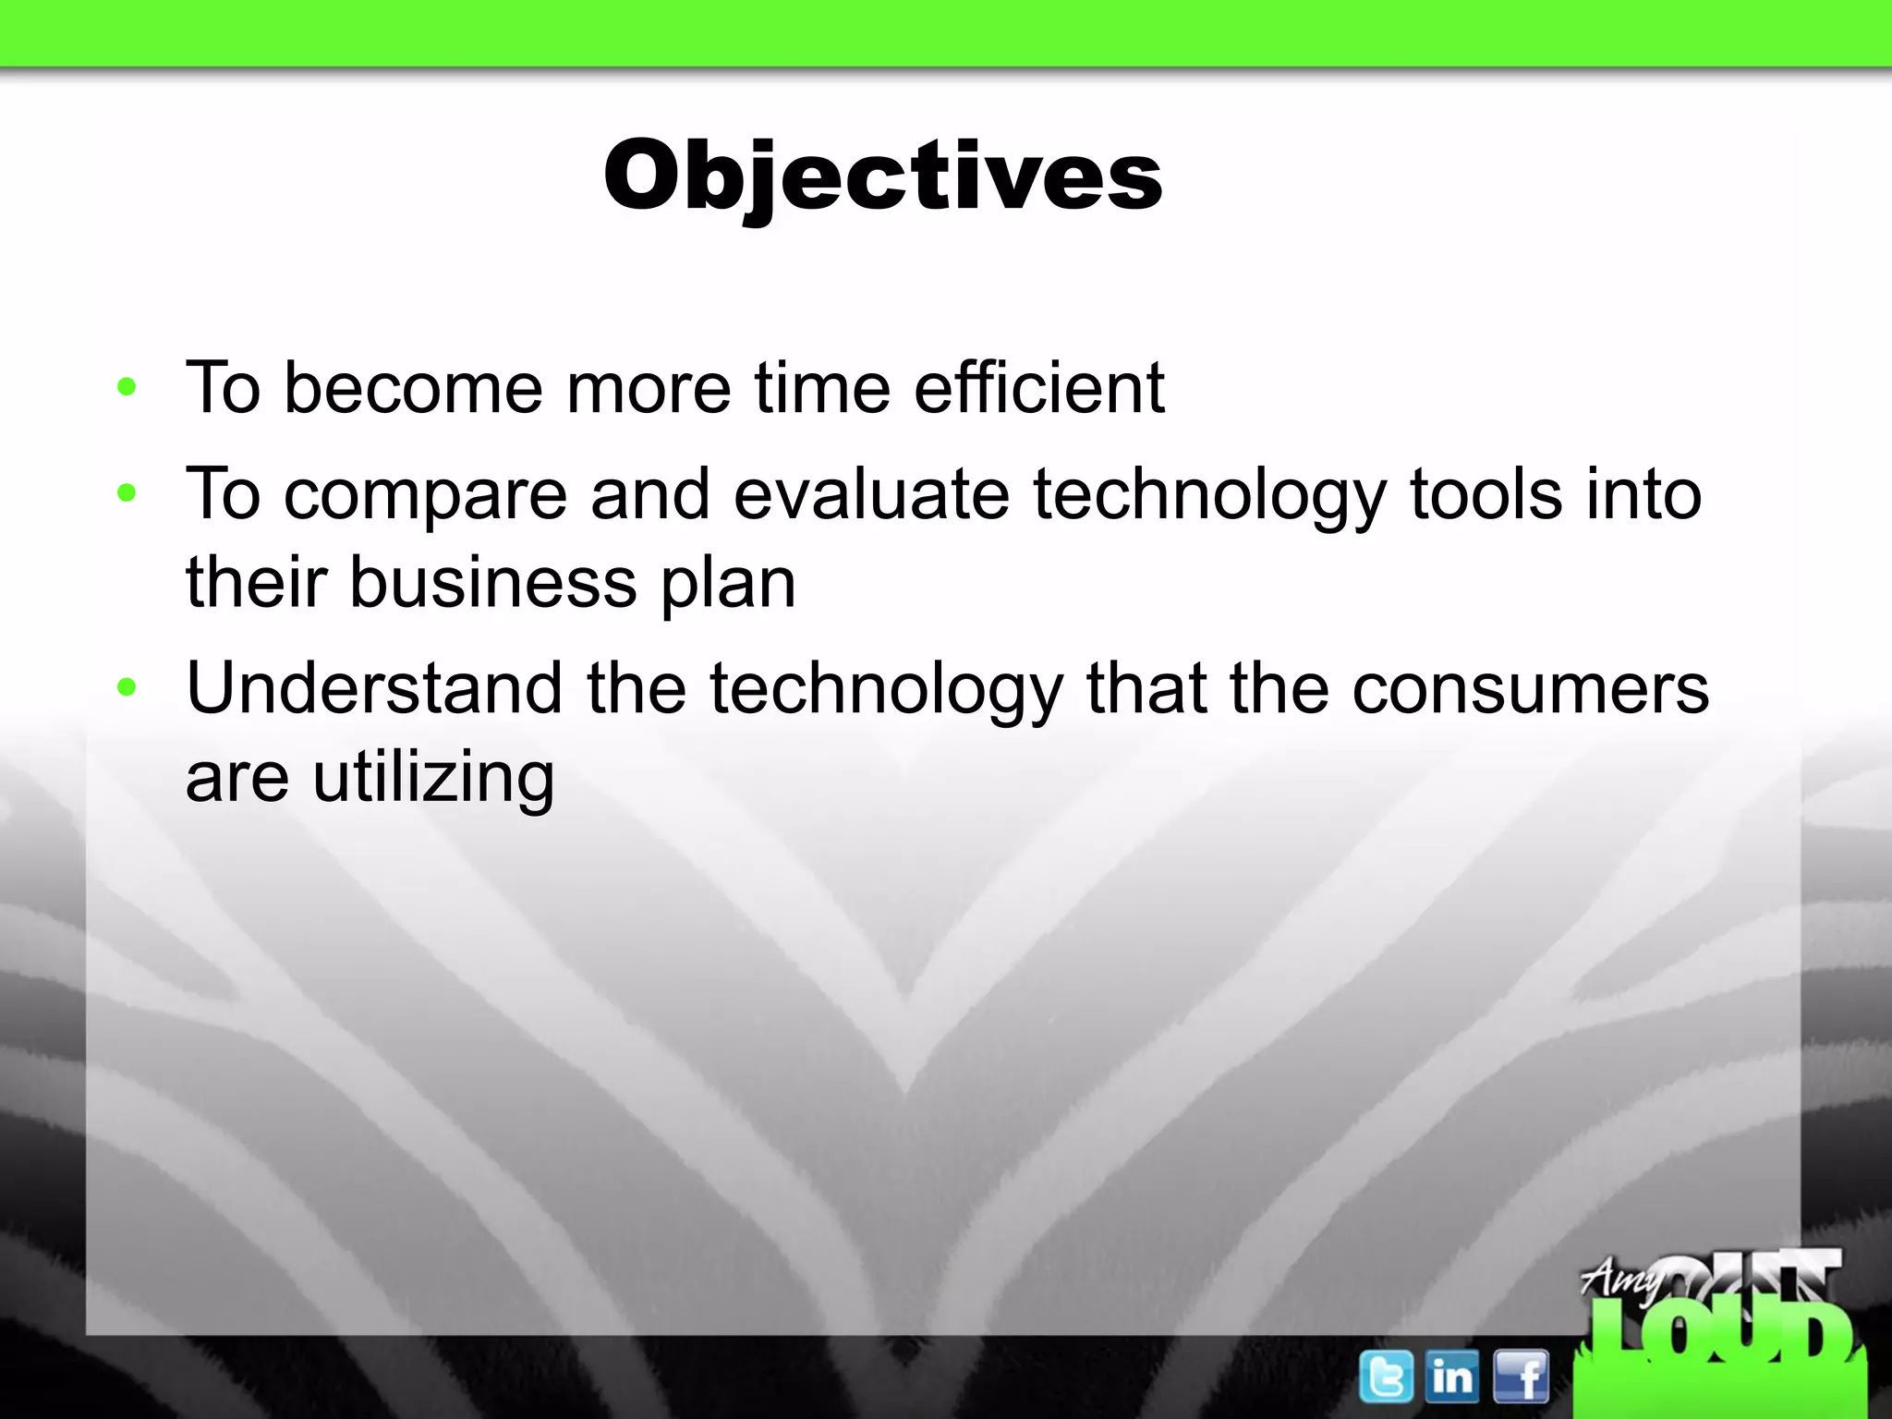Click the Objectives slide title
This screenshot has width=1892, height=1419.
(x=882, y=176)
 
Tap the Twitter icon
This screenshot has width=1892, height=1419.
(x=1386, y=1377)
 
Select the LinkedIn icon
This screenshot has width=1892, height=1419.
(x=1451, y=1377)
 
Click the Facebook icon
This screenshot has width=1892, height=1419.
(x=1521, y=1377)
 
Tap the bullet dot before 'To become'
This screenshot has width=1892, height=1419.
(x=127, y=387)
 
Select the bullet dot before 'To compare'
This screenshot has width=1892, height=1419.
(x=127, y=493)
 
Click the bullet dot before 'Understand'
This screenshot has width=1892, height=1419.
(x=127, y=687)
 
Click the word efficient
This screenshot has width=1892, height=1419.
(x=1038, y=387)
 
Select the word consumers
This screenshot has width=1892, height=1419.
(x=1531, y=688)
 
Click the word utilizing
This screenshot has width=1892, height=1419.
(x=433, y=778)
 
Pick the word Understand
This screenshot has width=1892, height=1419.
(x=373, y=688)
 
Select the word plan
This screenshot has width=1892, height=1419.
(x=728, y=584)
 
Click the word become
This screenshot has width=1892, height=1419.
(x=413, y=387)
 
